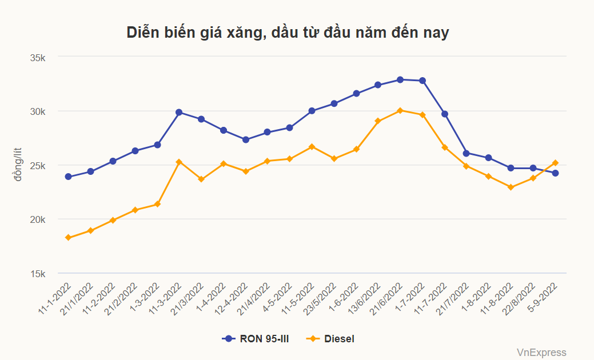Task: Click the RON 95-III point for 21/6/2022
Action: (x=400, y=79)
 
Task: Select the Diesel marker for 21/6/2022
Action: (x=400, y=110)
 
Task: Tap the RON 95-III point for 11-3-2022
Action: (x=179, y=112)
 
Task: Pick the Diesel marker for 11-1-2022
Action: (x=68, y=238)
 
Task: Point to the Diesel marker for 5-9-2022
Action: (x=555, y=163)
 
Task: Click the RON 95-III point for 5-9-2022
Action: (x=555, y=173)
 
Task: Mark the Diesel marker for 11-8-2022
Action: (x=511, y=187)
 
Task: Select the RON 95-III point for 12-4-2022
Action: (x=245, y=139)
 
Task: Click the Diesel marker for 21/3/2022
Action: (x=201, y=179)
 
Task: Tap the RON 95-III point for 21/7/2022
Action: (x=467, y=153)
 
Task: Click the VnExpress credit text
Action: (x=541, y=353)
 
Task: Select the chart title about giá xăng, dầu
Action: (x=288, y=33)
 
